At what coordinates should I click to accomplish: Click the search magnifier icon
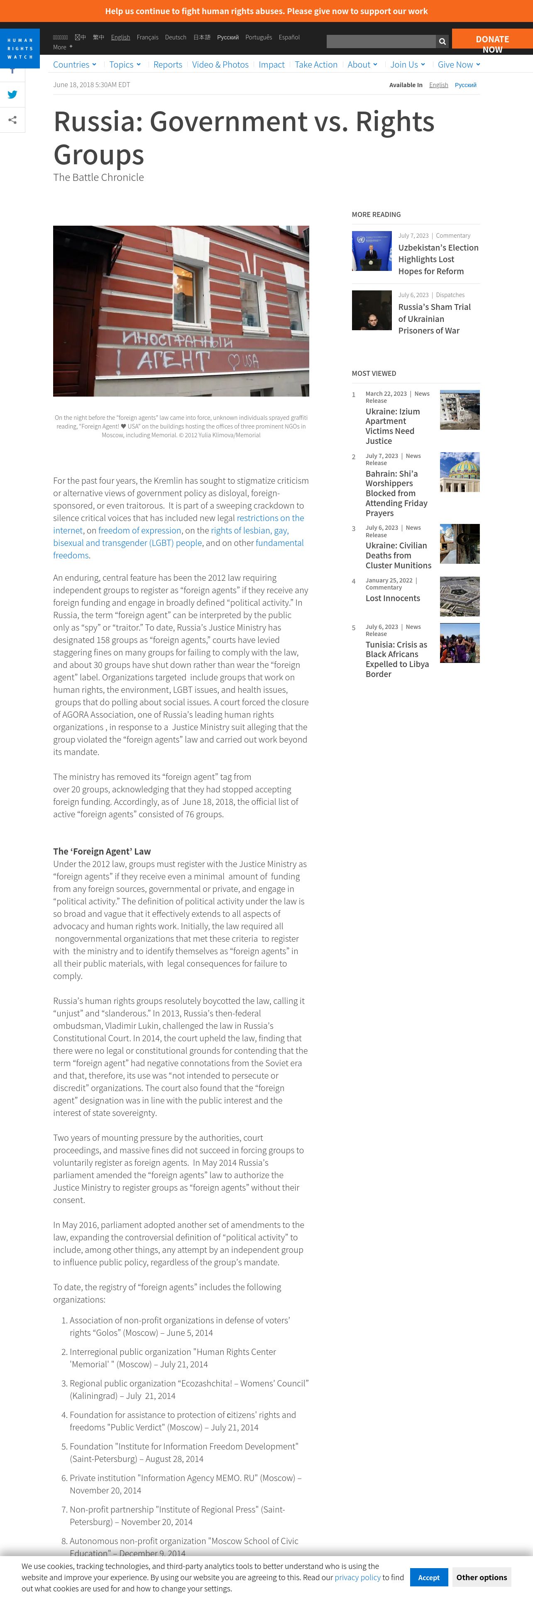coord(443,41)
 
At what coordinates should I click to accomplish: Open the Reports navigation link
coord(168,65)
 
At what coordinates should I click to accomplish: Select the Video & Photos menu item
coord(220,65)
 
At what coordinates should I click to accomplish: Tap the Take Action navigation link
coord(316,65)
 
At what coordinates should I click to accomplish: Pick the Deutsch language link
coord(176,37)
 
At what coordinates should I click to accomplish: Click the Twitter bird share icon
coord(12,95)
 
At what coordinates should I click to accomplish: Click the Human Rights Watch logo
coord(20,49)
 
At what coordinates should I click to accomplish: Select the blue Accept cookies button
coord(428,1577)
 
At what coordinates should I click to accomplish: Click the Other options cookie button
coord(482,1577)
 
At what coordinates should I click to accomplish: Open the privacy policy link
coord(357,1577)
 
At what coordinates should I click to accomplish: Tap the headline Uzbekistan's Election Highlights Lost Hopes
coord(438,259)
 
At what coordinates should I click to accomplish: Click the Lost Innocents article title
coord(392,598)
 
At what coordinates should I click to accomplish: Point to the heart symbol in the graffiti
coord(233,360)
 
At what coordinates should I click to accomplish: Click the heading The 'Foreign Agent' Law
coord(102,851)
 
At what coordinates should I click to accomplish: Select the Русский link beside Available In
coord(465,85)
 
